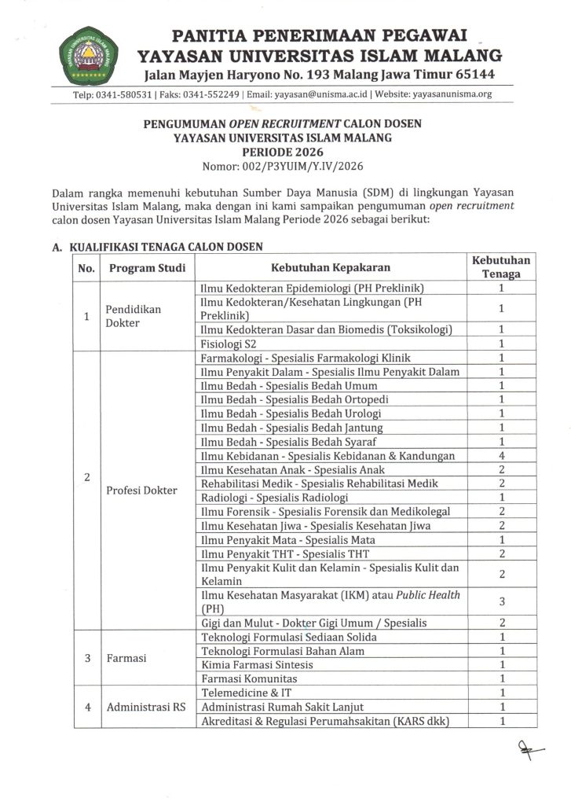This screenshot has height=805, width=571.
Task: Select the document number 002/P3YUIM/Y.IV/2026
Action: point(285,165)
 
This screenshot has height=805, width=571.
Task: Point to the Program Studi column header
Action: point(148,267)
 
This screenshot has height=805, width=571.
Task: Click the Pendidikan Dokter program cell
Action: point(134,315)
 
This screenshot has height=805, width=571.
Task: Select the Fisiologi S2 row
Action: point(232,343)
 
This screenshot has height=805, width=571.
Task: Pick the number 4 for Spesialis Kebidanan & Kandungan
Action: point(500,456)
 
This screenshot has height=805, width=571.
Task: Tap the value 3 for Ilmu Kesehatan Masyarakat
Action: point(500,601)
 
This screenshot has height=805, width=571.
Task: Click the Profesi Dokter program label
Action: point(141,491)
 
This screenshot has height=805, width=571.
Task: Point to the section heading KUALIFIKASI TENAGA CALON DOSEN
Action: point(162,246)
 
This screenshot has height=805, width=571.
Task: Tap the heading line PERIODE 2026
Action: point(285,151)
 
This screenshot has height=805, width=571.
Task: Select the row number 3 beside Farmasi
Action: point(86,657)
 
